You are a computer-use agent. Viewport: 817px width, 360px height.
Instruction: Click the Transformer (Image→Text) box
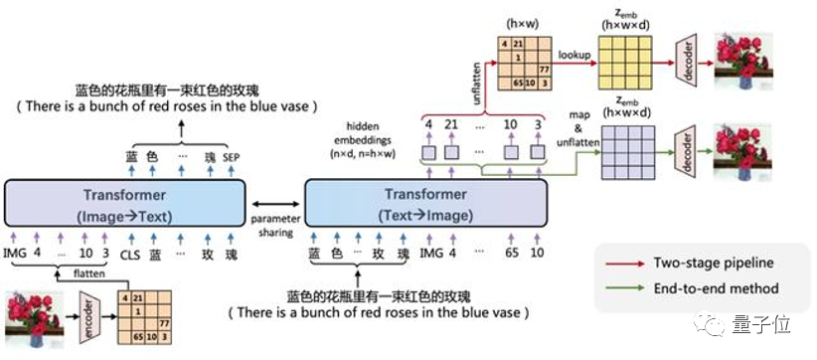(x=125, y=204)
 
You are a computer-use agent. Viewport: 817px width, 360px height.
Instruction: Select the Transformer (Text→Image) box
(x=427, y=204)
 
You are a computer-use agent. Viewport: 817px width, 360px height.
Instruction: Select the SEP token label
(x=232, y=157)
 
